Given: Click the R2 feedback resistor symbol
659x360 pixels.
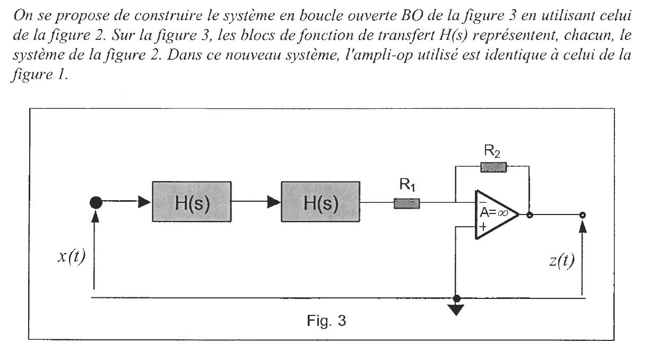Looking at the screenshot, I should click(x=493, y=168).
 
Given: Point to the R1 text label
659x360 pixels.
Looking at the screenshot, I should click(x=406, y=186).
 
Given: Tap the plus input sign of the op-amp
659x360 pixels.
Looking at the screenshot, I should click(x=483, y=227).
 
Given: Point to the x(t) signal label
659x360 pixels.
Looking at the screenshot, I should click(x=72, y=259).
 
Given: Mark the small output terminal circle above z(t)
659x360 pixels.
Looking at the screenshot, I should click(x=583, y=215).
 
